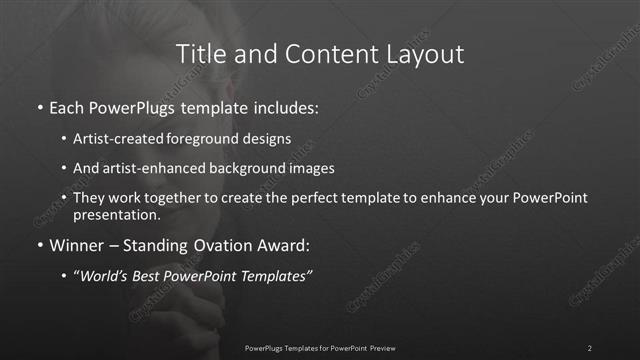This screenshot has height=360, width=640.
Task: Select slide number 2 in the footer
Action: click(590, 348)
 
